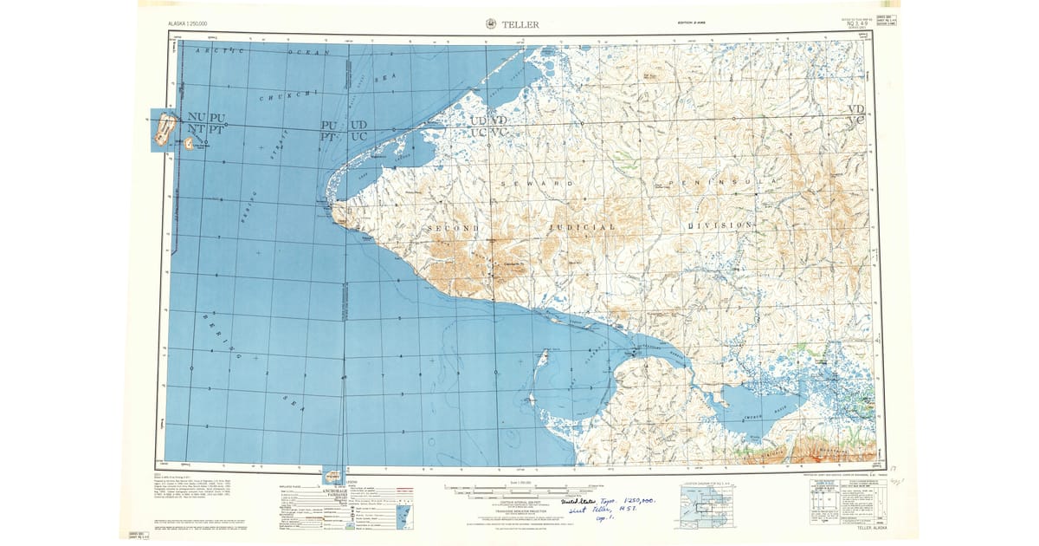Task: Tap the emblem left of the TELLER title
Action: pyautogui.click(x=493, y=24)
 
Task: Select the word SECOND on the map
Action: pyautogui.click(x=454, y=227)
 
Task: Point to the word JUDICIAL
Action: pyautogui.click(x=581, y=226)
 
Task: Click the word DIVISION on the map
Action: pyautogui.click(x=720, y=224)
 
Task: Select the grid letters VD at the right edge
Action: pyautogui.click(x=856, y=109)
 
